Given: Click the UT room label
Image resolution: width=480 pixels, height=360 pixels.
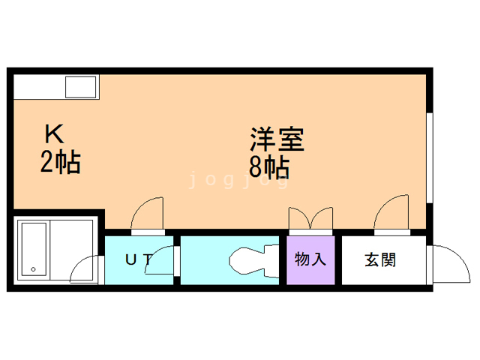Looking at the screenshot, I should pos(138,260).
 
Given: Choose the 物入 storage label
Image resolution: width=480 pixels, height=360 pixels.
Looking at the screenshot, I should pos(310,260).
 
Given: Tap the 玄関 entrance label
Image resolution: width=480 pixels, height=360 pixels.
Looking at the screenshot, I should pos(381,260).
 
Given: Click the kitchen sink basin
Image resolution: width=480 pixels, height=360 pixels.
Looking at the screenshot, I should pos(80,88).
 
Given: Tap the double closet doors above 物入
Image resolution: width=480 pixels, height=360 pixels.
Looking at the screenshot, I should pos(311,218).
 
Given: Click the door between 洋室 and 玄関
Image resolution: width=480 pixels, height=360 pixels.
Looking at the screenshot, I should pos(392,217).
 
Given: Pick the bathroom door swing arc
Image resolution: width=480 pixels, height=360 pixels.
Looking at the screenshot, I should pos(87,269).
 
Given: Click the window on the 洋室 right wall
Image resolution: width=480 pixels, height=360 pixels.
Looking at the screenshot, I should pos(429,157).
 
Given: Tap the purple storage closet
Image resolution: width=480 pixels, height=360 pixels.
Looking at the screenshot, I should pos(310,261).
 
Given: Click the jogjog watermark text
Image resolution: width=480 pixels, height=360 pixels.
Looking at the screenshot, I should pos(238,181).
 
